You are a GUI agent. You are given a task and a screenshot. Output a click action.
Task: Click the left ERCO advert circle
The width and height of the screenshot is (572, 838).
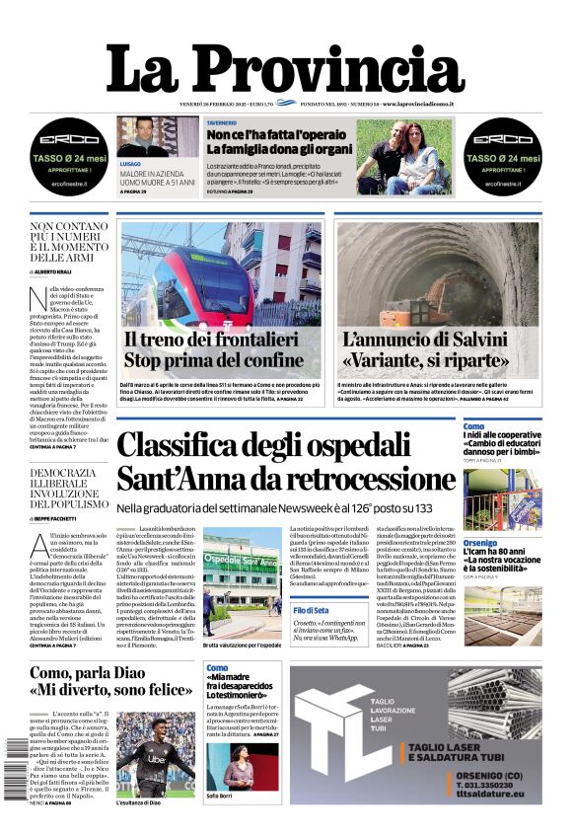tap(69, 154)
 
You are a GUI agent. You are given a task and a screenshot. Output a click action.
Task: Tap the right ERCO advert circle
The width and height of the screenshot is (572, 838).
tap(502, 154)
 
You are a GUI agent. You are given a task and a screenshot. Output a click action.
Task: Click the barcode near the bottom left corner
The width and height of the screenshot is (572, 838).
tap(14, 769)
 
